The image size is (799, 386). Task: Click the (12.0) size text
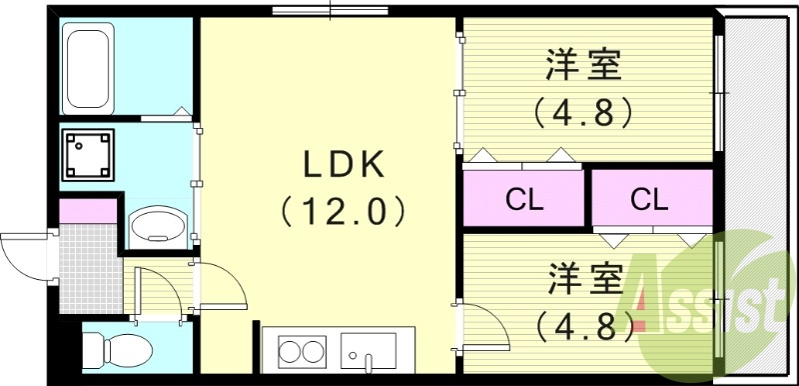click(x=345, y=211)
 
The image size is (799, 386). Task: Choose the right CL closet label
click(x=649, y=199)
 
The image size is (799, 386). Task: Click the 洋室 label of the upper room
click(x=584, y=67)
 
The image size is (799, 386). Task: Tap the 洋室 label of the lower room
click(x=584, y=279)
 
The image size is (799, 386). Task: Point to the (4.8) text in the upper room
click(x=584, y=110)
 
